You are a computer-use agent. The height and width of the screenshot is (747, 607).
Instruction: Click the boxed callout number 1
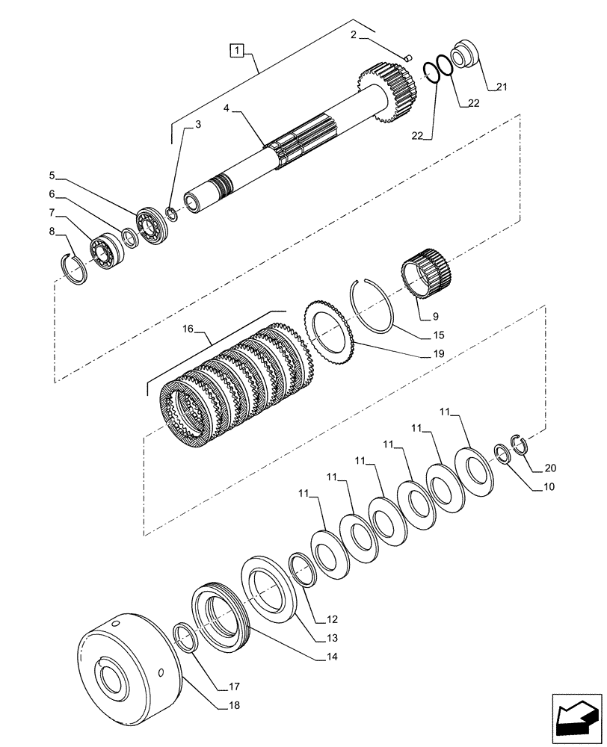(x=236, y=51)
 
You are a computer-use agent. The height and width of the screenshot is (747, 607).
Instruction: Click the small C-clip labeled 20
(x=520, y=444)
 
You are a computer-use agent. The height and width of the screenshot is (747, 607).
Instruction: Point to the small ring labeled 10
(x=504, y=453)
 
